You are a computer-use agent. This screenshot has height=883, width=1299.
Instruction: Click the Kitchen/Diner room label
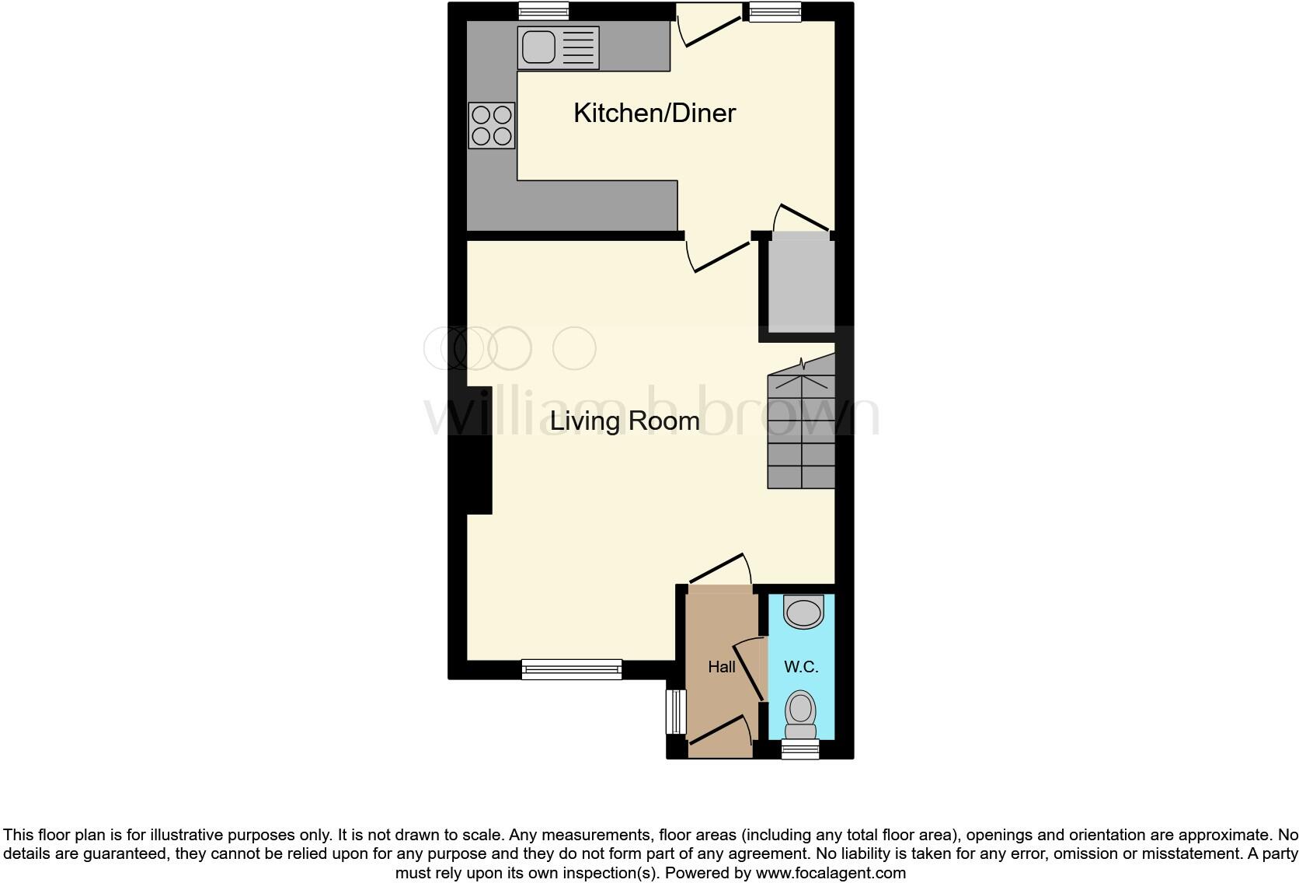(x=654, y=113)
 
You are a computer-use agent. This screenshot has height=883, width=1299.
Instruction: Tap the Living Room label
(x=625, y=421)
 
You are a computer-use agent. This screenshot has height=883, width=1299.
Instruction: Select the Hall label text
(x=721, y=667)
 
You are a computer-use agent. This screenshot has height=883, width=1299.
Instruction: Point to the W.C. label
(x=801, y=667)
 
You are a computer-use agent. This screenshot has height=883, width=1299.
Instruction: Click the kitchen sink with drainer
(x=558, y=47)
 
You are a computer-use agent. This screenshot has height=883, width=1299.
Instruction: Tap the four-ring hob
(x=492, y=126)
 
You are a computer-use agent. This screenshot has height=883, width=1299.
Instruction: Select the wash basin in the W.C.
(x=803, y=612)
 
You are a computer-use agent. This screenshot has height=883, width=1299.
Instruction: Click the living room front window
(x=572, y=668)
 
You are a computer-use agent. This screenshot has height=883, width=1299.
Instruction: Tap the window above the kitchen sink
(x=544, y=11)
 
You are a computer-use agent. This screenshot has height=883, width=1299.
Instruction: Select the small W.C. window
(x=800, y=749)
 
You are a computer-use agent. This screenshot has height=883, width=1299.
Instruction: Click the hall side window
(x=677, y=711)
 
